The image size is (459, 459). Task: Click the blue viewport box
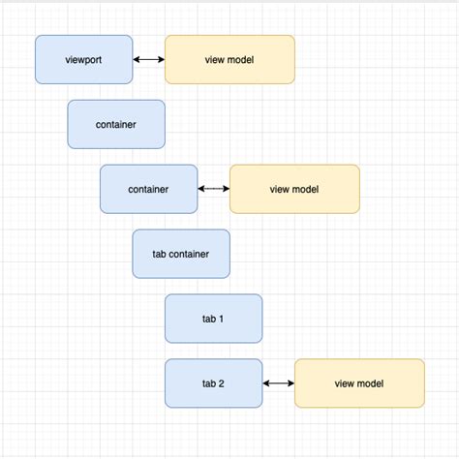point(83,59)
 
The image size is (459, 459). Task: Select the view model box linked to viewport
point(229,59)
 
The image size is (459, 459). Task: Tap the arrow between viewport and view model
point(149,60)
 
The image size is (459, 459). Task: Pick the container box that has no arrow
point(116,124)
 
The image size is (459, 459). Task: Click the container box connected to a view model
point(148,189)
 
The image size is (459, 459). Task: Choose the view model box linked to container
point(294,189)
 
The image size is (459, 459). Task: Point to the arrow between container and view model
point(213,189)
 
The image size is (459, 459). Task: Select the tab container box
point(181,254)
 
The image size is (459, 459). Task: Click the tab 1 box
point(213,319)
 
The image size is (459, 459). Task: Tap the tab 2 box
point(213,383)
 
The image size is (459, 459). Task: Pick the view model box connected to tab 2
point(359,383)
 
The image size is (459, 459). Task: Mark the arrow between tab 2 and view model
point(278,383)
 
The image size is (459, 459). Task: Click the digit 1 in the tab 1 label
point(222,319)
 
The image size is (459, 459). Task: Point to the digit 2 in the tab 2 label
point(222,383)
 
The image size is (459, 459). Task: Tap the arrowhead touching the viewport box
point(137,60)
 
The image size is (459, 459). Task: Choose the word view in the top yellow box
point(215,60)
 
